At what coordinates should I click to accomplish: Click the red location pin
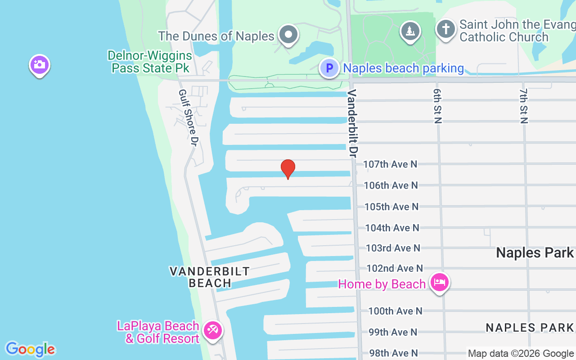point(288,168)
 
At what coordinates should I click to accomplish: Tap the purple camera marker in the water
point(40,65)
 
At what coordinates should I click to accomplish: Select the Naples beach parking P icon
point(329,68)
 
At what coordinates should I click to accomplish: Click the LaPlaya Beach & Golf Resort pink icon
point(212,331)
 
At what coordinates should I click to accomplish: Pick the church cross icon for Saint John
point(445,30)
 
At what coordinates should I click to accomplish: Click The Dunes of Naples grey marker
point(288,34)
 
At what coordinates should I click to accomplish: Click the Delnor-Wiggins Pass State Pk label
point(150,62)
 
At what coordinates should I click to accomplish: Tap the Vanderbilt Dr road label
point(351,123)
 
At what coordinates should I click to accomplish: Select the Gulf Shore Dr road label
point(189,117)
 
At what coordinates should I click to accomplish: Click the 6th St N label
point(437,106)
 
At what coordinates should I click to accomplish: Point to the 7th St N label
point(523,106)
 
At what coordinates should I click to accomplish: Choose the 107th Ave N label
point(390,164)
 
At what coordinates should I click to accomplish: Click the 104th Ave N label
point(392,228)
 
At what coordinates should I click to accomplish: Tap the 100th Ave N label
point(395,311)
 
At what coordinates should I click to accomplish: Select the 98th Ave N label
point(393,353)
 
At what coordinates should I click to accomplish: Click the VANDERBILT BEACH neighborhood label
point(210,277)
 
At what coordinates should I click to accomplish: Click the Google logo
point(30,349)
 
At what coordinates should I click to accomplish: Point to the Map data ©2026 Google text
point(521,354)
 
